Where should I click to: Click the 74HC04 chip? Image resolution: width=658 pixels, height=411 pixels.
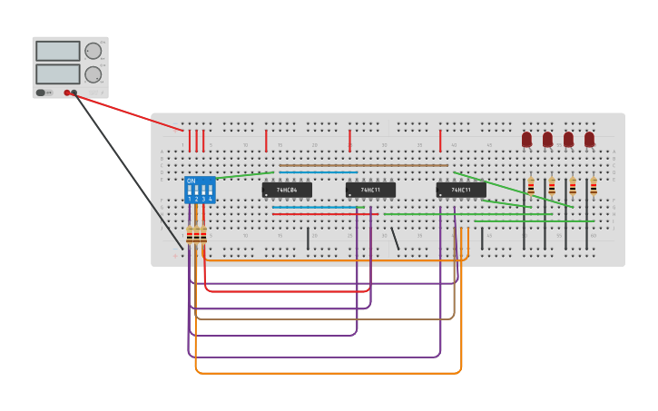pyautogui.click(x=287, y=190)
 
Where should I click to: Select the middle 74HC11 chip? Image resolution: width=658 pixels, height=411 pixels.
pyautogui.click(x=370, y=190)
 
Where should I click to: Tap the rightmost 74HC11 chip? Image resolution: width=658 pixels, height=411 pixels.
pyautogui.click(x=461, y=190)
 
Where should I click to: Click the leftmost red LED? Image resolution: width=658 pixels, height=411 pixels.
pyautogui.click(x=526, y=139)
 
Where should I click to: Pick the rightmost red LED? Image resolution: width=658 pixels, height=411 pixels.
pyautogui.click(x=590, y=139)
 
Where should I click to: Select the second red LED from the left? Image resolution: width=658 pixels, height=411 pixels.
pyautogui.click(x=547, y=139)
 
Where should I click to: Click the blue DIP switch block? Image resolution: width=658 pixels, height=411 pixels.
pyautogui.click(x=200, y=190)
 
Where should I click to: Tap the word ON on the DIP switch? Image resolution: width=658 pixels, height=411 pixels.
pyautogui.click(x=191, y=181)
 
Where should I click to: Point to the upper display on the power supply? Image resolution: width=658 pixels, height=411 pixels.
pyautogui.click(x=58, y=51)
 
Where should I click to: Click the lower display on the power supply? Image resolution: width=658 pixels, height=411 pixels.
pyautogui.click(x=58, y=73)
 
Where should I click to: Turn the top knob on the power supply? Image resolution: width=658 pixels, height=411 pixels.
pyautogui.click(x=93, y=51)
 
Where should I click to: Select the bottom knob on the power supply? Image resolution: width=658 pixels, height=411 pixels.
pyautogui.click(x=93, y=74)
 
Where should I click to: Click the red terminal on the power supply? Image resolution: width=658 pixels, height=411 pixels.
pyautogui.click(x=67, y=93)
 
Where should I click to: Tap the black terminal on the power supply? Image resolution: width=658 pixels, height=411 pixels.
pyautogui.click(x=74, y=93)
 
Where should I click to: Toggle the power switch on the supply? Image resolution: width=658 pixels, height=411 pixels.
pyautogui.click(x=41, y=93)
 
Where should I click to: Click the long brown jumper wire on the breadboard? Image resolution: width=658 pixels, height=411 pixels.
pyautogui.click(x=363, y=166)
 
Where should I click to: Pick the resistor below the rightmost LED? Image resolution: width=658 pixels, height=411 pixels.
pyautogui.click(x=594, y=186)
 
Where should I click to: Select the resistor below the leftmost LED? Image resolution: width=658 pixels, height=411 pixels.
pyautogui.click(x=531, y=186)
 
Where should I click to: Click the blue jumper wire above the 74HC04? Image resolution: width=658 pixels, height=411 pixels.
pyautogui.click(x=318, y=172)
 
